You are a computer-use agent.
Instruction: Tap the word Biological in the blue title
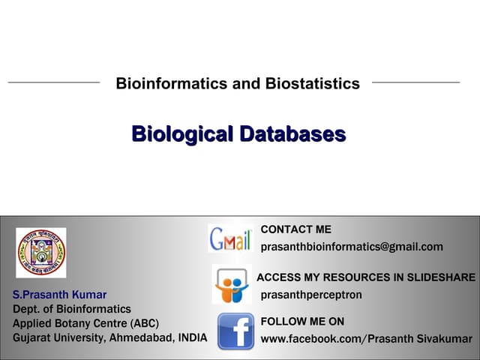(182, 135)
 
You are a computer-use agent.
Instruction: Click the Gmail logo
(229, 238)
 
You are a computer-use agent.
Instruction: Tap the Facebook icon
(235, 331)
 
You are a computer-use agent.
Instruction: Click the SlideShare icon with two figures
(231, 286)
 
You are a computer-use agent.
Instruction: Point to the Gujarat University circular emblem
(41, 253)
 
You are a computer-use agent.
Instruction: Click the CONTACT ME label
(295, 229)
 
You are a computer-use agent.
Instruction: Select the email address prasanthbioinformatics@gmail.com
(352, 247)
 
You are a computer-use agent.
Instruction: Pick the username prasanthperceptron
(311, 295)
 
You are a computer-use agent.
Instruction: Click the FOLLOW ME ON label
(302, 322)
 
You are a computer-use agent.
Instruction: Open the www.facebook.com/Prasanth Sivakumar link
(366, 339)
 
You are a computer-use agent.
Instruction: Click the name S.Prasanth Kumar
(60, 295)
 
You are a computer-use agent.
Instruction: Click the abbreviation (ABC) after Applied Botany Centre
(144, 323)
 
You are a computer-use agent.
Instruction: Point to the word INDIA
(192, 337)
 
